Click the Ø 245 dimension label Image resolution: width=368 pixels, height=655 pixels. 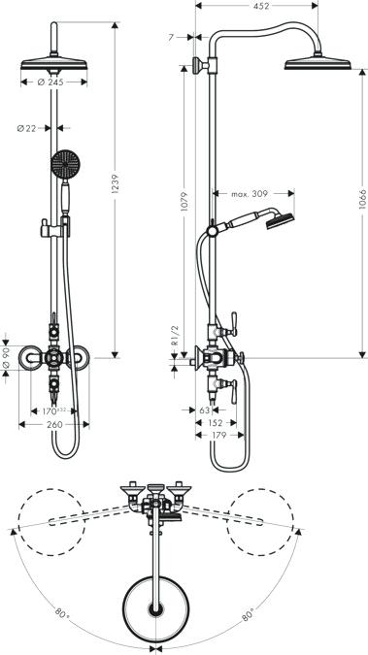(x=50, y=82)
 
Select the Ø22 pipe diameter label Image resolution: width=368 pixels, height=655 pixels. (x=26, y=129)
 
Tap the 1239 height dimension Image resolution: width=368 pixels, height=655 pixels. (x=117, y=183)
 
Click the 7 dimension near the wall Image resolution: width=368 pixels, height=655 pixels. (x=171, y=38)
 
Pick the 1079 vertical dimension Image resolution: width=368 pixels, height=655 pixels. (x=184, y=201)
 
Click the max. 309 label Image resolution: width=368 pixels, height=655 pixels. (x=250, y=194)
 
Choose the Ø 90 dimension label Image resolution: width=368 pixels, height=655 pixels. (x=6, y=357)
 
